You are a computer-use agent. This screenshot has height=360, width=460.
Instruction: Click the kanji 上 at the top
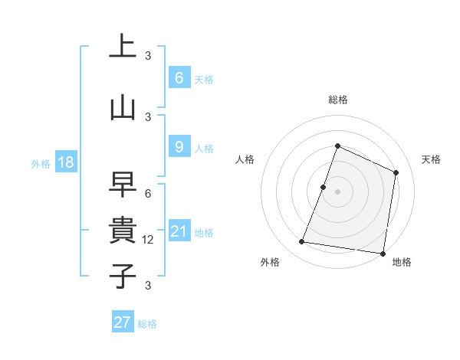click(123, 45)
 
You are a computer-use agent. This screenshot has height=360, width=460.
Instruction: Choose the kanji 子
click(123, 276)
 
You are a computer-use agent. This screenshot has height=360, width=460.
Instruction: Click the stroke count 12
click(149, 240)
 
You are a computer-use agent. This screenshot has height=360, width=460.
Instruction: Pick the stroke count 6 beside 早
click(148, 194)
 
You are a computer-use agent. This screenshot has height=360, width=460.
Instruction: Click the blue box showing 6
click(179, 77)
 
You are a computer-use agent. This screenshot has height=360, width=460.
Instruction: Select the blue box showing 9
click(179, 146)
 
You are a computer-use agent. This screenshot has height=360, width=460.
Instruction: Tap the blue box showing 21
click(179, 231)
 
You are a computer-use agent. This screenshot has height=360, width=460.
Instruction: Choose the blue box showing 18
click(65, 162)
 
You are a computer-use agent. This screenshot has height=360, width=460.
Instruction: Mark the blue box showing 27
click(123, 322)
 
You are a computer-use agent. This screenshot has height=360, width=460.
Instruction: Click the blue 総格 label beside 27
click(147, 324)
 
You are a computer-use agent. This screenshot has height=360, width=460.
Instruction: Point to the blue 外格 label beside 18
click(40, 163)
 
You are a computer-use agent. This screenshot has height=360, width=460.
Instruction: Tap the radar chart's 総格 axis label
click(337, 100)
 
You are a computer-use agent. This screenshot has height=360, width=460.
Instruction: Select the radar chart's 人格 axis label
click(245, 159)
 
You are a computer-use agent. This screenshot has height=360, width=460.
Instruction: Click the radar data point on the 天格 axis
click(396, 172)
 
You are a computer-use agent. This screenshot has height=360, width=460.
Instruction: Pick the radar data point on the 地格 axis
click(383, 253)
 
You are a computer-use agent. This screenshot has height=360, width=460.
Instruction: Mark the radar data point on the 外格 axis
click(302, 242)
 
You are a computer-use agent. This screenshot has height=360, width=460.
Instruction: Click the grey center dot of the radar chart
click(337, 191)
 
